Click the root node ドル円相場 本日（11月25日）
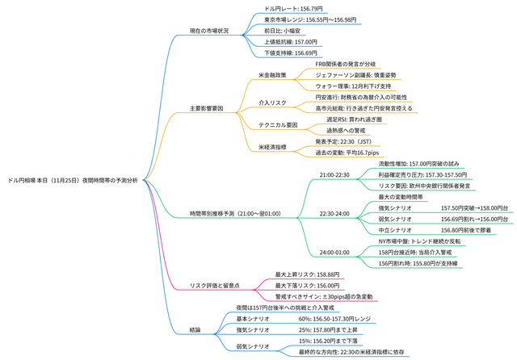pos(73,180)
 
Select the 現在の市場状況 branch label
pos(209,31)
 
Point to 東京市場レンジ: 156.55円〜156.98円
pos(310,19)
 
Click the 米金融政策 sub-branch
pos(271,75)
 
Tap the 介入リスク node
pos(271,103)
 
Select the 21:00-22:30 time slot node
pos(334,174)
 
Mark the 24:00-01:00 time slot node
pos(334,252)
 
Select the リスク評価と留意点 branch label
pos(214,285)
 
